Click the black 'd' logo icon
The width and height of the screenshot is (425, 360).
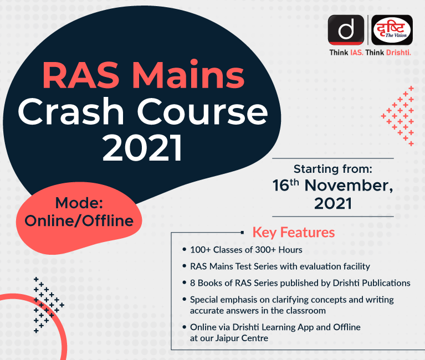click(x=346, y=30)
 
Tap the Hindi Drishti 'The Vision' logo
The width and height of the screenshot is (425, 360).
click(x=392, y=30)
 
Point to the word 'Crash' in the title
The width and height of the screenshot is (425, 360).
click(x=71, y=111)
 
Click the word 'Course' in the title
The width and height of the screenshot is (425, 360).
click(x=203, y=111)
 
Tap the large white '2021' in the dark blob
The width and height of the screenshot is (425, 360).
click(x=142, y=148)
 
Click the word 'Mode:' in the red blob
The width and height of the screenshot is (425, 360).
click(x=79, y=203)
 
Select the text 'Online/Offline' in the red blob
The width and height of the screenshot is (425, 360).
click(x=79, y=220)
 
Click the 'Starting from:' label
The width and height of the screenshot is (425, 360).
click(x=333, y=169)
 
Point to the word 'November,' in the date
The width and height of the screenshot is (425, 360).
click(x=349, y=186)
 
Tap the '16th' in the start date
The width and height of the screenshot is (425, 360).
click(x=286, y=186)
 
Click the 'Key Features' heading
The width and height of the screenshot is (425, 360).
click(x=294, y=233)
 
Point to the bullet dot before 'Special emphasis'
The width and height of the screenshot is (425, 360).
click(x=185, y=299)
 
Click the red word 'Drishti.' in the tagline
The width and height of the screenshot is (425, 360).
click(x=398, y=52)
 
